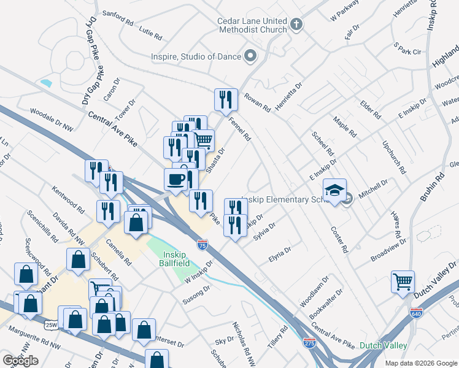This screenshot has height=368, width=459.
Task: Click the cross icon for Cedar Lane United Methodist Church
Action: coord(296,25)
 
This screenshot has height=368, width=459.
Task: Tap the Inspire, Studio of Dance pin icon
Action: coord(250,56)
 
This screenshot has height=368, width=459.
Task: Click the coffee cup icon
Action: coord(175,178)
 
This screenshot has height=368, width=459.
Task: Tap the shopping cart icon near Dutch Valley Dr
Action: coord(403,282)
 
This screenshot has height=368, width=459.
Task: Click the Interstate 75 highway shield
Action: coord(202,245)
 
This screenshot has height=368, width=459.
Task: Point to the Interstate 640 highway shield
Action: coord(415,312)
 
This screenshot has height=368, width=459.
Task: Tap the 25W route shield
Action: coord(50,324)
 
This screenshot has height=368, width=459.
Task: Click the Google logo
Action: coord(20,360)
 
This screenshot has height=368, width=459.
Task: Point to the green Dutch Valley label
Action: coord(384,345)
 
